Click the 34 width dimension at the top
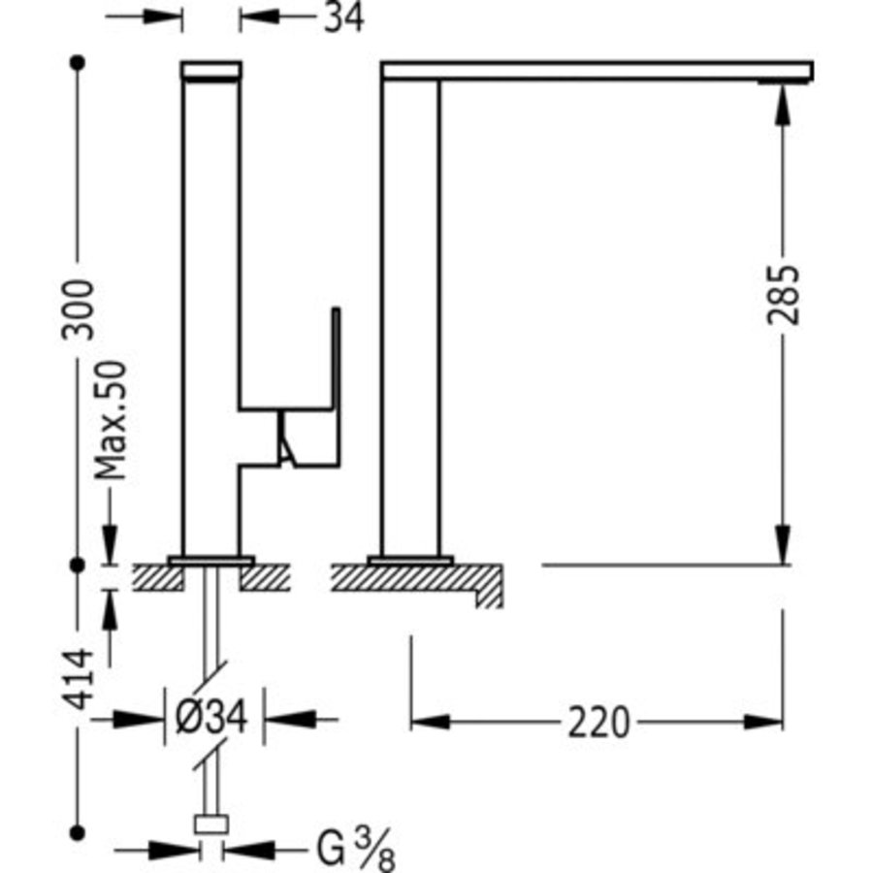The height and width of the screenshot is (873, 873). point(343,17)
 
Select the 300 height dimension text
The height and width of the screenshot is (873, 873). point(79,308)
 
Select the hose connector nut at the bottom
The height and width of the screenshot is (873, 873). point(211,825)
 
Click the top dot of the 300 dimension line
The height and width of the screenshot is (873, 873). point(79,62)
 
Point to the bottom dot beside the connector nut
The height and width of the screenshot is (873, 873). point(79,830)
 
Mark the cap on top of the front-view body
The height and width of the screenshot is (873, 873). point(211,70)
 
